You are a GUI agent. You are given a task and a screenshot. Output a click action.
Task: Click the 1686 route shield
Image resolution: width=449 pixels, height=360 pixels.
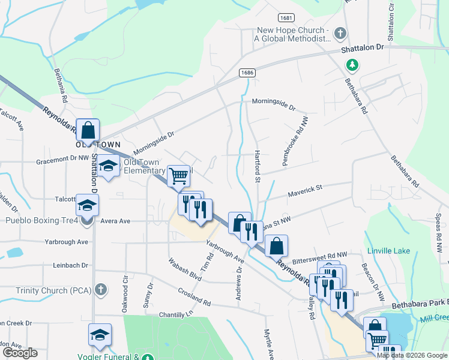(x=247, y=73)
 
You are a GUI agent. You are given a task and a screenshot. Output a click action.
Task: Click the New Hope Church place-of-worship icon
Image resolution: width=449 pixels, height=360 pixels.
(x=340, y=33)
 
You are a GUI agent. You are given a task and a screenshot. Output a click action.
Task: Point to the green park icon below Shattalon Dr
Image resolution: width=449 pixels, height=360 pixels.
(x=354, y=64)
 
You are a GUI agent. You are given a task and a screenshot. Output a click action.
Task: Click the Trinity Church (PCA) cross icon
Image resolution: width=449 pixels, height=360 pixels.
(x=101, y=290)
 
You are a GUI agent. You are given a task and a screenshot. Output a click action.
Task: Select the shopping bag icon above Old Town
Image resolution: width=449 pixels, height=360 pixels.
(x=88, y=130)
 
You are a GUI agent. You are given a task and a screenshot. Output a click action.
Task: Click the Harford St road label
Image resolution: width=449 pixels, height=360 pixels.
(x=258, y=166)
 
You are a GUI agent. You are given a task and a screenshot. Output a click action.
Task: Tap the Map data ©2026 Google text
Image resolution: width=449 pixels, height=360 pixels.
(x=412, y=355)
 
